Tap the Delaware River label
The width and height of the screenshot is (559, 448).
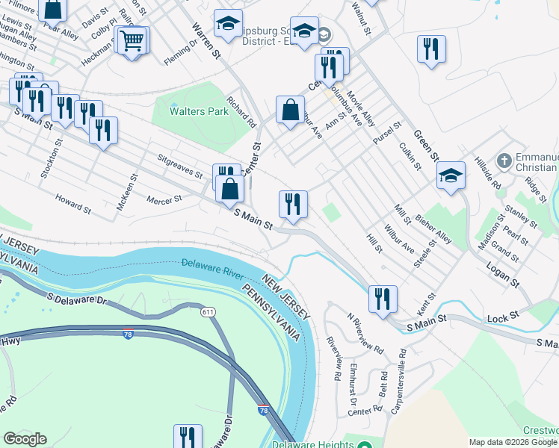click(213, 264)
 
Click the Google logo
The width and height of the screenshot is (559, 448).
click(25, 439)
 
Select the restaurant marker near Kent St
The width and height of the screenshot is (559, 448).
click(383, 299)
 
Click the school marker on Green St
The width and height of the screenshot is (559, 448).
click(451, 175)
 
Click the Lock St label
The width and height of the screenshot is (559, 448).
click(504, 317)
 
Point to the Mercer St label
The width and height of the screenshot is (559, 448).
click(164, 200)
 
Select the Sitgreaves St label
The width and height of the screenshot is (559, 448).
click(180, 166)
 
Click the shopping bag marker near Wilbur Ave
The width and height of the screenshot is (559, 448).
click(290, 110)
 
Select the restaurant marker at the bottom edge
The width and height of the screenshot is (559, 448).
click(188, 438)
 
